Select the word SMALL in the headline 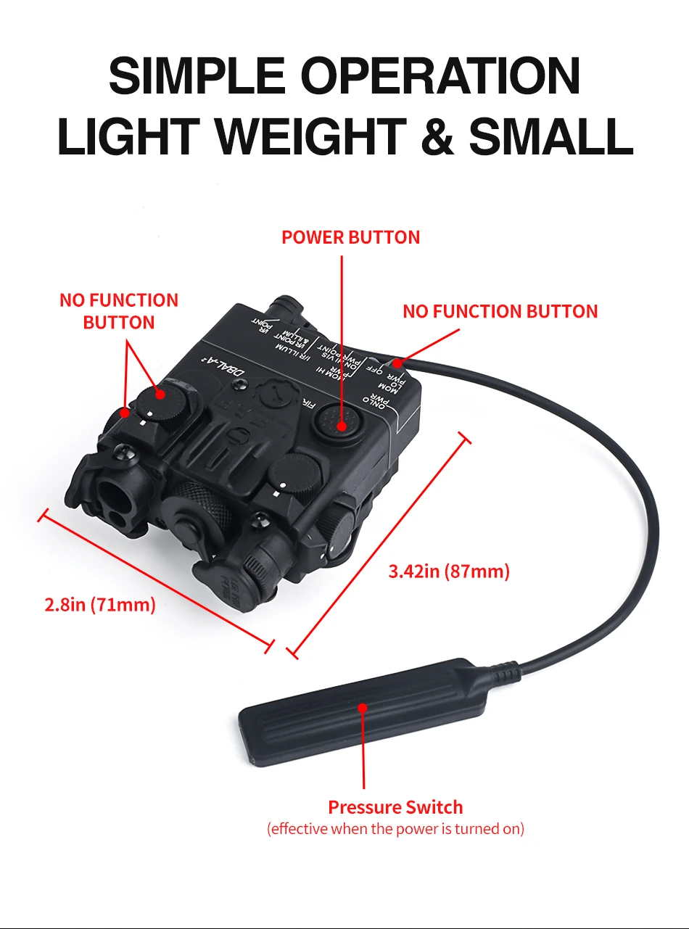[551, 137]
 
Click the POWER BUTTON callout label [350, 237]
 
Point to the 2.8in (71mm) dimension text [100, 604]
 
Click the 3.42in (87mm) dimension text [449, 571]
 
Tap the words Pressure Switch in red [395, 807]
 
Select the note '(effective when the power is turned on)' [395, 828]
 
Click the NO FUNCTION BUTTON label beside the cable [500, 311]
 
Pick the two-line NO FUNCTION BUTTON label [119, 310]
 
